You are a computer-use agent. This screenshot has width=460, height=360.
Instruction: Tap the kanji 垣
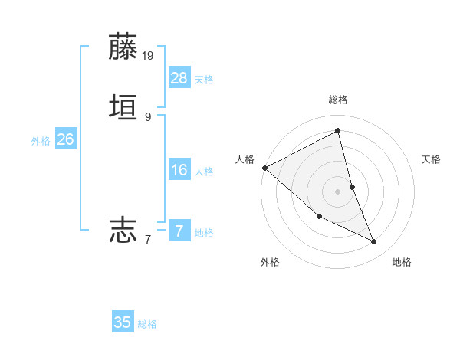(123, 107)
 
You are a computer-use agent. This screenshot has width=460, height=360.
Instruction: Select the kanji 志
(123, 229)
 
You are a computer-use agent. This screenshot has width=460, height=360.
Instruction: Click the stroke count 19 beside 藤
(149, 56)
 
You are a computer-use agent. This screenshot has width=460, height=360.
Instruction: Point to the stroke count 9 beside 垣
(148, 117)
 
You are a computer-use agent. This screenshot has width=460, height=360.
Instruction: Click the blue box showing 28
(179, 78)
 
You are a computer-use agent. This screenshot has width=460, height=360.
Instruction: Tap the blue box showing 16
(179, 170)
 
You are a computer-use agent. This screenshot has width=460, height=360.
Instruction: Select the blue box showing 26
(65, 139)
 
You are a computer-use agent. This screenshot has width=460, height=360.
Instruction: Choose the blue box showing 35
(123, 322)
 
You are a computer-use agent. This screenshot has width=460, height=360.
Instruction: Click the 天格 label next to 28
(204, 80)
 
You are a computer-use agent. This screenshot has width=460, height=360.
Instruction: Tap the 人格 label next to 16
(204, 172)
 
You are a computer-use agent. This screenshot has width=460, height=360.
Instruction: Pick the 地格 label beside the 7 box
(204, 233)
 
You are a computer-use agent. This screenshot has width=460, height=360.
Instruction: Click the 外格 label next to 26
(40, 141)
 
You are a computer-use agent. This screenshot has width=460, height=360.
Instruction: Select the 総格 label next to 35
(147, 324)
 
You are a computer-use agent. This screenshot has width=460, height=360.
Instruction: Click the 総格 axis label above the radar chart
(338, 100)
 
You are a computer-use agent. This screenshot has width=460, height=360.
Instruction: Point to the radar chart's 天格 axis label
(432, 159)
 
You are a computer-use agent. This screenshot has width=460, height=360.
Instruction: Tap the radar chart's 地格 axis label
(402, 262)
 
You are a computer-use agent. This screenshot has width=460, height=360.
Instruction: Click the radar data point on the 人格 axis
(264, 168)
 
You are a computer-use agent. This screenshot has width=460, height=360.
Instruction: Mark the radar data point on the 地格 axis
(374, 242)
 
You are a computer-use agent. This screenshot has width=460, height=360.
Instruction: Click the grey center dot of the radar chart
(338, 191)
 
